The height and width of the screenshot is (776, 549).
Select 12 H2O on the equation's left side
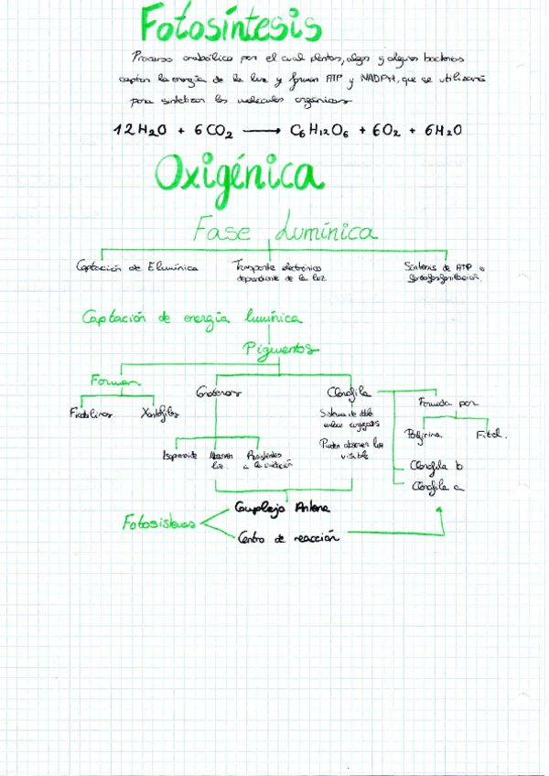point(139,130)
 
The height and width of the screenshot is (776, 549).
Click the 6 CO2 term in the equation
point(213,130)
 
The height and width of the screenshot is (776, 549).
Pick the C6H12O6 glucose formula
point(323,130)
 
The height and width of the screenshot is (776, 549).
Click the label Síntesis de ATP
point(445,267)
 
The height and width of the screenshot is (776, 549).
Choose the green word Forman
point(113,381)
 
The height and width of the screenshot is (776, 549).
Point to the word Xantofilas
point(160,413)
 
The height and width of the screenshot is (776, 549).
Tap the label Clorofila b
point(436,464)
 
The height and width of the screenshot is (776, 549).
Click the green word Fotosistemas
point(159,523)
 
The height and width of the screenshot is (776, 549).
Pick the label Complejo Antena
point(283,508)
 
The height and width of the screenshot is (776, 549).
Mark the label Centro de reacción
point(287,538)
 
